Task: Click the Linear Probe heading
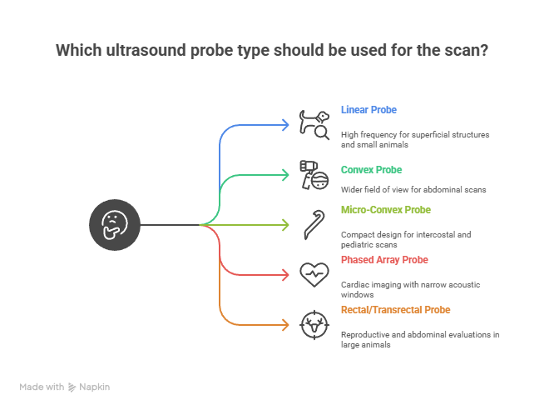[x=368, y=110]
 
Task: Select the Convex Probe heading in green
[x=371, y=170]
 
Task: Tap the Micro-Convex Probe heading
[x=386, y=210]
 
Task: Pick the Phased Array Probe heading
[x=384, y=260]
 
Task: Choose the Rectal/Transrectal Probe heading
[x=395, y=310]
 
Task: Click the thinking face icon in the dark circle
[x=115, y=225]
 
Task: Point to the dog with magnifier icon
[x=314, y=125]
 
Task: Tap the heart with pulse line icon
[x=314, y=274]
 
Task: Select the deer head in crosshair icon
[x=314, y=325]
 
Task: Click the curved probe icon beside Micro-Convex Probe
[x=314, y=225]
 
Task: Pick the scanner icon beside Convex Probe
[x=314, y=175]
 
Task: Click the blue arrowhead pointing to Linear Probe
[x=285, y=125]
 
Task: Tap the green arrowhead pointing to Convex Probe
[x=285, y=175]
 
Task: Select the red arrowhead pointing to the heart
[x=285, y=275]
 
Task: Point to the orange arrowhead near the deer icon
[x=285, y=325]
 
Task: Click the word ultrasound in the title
[x=146, y=50]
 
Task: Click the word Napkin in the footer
[x=94, y=387]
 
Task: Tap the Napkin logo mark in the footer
[x=72, y=387]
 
